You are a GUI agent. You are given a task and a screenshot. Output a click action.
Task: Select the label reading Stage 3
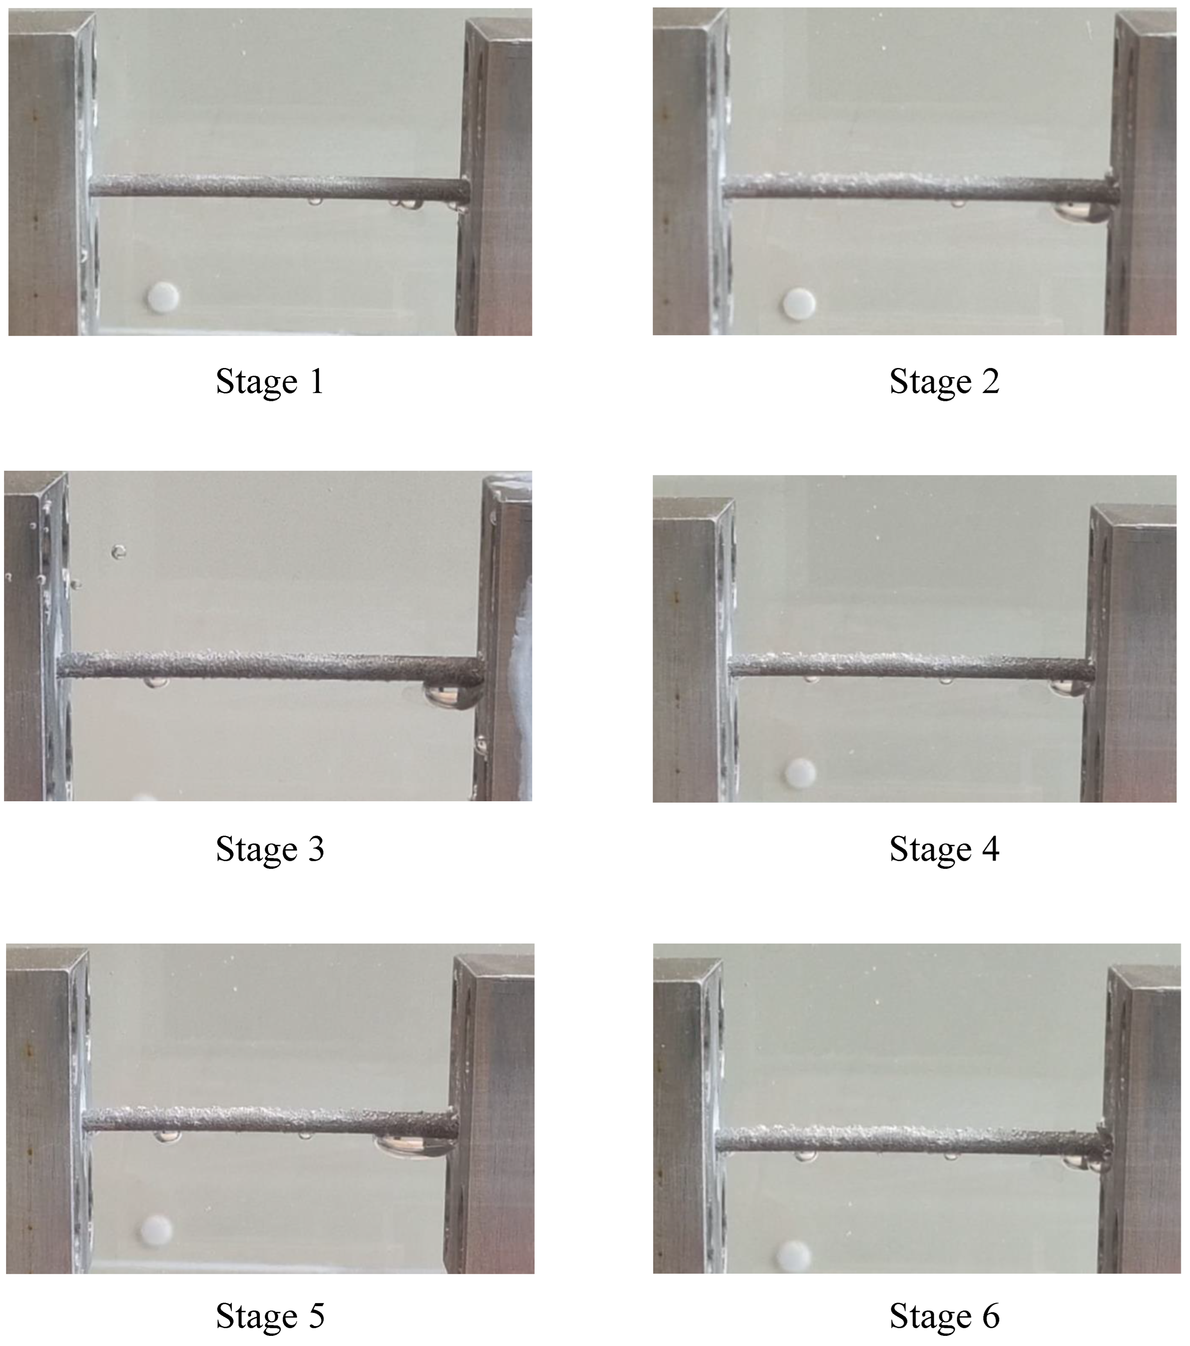[270, 850]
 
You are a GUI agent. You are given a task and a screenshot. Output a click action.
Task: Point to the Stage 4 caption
[944, 850]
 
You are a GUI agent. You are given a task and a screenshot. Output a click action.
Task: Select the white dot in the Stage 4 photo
[800, 772]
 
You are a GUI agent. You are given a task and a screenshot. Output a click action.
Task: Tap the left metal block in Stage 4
[691, 649]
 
